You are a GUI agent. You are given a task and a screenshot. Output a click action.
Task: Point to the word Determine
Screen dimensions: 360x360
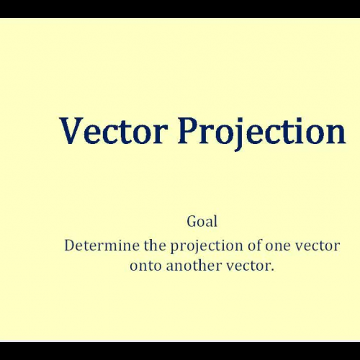tap(98, 245)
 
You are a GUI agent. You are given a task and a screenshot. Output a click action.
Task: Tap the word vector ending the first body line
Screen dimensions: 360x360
tap(318, 246)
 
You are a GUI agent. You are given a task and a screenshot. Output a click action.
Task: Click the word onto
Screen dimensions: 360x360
tap(146, 265)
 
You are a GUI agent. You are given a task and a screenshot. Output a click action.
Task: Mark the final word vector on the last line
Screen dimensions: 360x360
tap(250, 264)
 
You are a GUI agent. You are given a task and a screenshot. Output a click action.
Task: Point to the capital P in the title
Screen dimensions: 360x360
tap(188, 131)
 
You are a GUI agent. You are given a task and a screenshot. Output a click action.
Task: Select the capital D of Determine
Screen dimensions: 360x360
tap(69, 245)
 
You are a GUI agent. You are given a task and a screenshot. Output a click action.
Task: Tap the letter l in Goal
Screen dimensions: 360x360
tap(215, 221)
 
